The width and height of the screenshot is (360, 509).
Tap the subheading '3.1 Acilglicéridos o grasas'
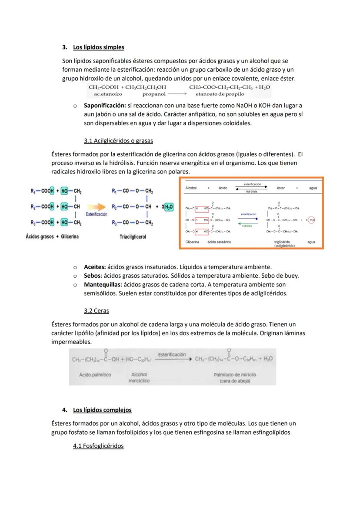point(118,141)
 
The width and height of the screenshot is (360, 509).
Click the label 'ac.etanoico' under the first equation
point(105,94)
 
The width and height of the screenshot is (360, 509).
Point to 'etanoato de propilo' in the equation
point(220,94)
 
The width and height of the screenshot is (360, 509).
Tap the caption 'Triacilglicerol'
point(132,237)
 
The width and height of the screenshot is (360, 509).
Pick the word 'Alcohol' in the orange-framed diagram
point(191,188)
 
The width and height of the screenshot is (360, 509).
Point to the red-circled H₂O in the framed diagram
point(311,220)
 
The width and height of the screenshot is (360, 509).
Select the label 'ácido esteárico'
point(219,242)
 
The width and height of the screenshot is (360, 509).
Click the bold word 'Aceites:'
point(95,267)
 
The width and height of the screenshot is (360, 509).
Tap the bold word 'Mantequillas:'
point(103,285)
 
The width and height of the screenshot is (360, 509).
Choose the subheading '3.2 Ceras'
point(96,311)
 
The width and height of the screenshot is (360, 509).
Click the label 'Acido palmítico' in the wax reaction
point(95,374)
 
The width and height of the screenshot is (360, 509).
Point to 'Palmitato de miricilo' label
point(235,374)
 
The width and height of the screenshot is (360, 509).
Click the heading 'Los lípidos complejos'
point(102,410)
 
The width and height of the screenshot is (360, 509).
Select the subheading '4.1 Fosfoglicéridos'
point(98,446)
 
